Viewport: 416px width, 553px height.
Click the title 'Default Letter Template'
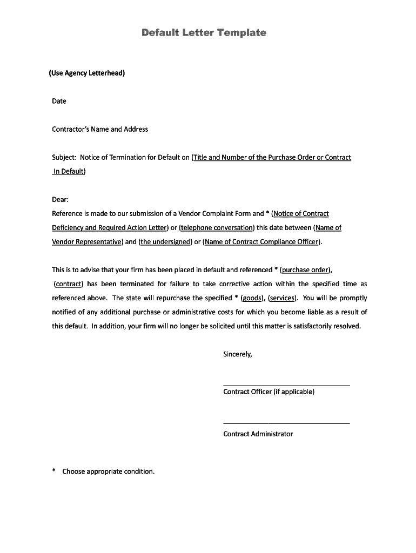click(x=204, y=33)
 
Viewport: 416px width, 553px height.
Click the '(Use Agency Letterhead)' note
click(x=87, y=72)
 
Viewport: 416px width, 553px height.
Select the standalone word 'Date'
click(x=59, y=101)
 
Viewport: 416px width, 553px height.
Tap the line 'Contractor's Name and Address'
click(x=100, y=129)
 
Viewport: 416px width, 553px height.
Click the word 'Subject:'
click(x=64, y=157)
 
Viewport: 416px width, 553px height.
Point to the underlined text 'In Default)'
click(x=69, y=171)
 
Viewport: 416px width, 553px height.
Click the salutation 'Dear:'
click(x=60, y=199)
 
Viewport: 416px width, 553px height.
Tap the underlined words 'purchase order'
click(x=306, y=269)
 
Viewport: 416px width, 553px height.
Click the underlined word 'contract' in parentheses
click(x=68, y=284)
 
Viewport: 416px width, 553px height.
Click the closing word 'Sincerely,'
click(x=238, y=354)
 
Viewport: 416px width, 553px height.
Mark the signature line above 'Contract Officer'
click(x=286, y=385)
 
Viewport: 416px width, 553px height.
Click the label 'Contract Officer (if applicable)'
click(x=269, y=392)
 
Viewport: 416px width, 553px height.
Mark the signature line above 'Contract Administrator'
click(x=286, y=423)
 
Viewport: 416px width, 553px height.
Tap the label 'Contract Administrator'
click(x=258, y=434)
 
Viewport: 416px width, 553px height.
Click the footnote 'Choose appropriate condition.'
click(x=109, y=471)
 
